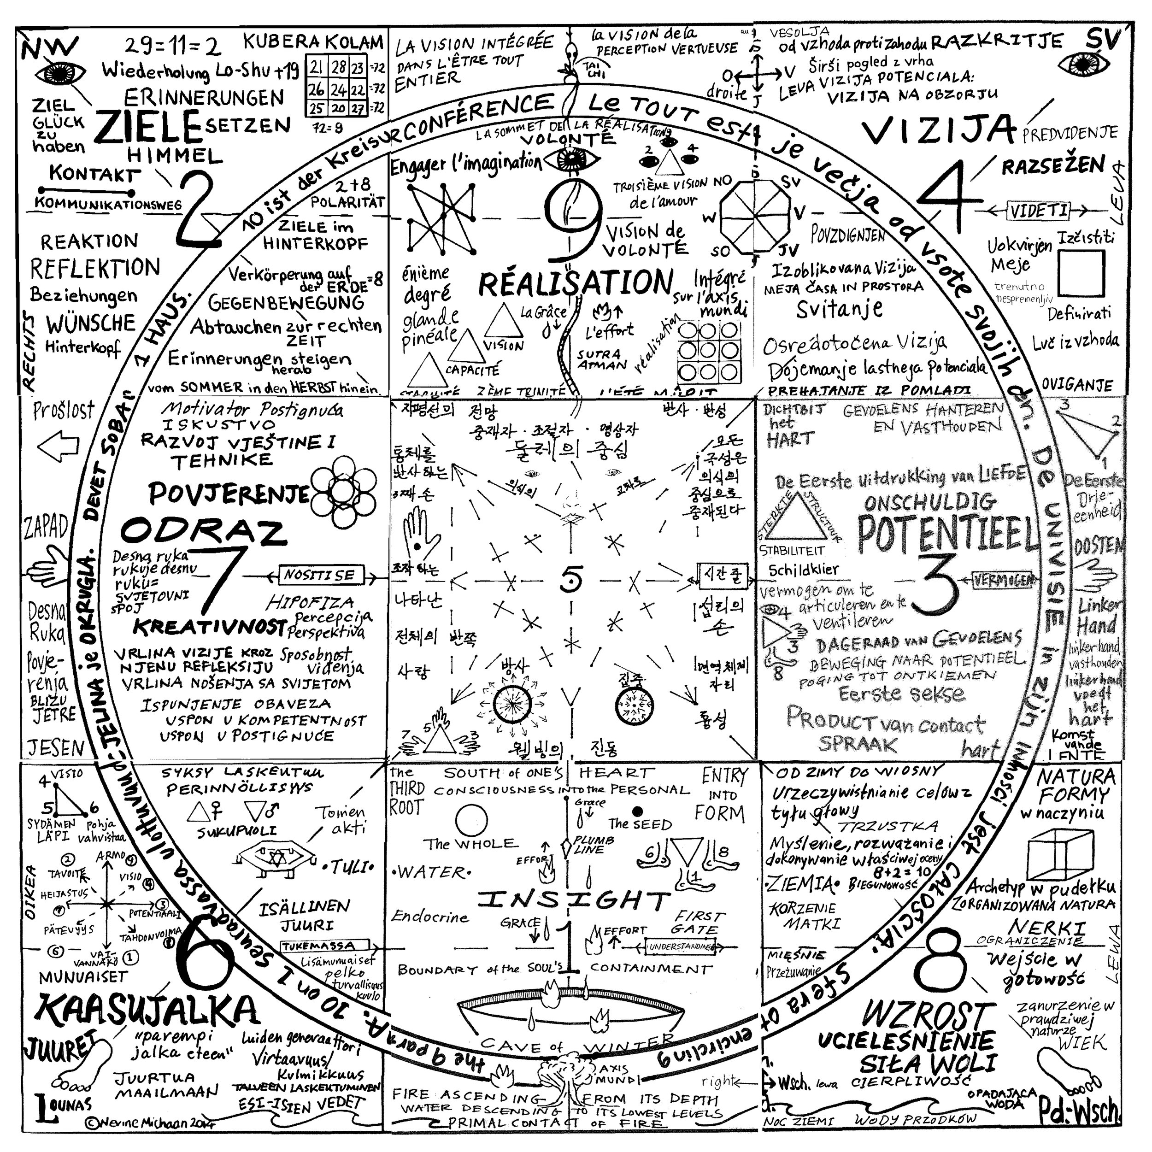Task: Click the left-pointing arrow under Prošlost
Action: (x=58, y=446)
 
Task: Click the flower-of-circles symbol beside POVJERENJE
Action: (x=343, y=491)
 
